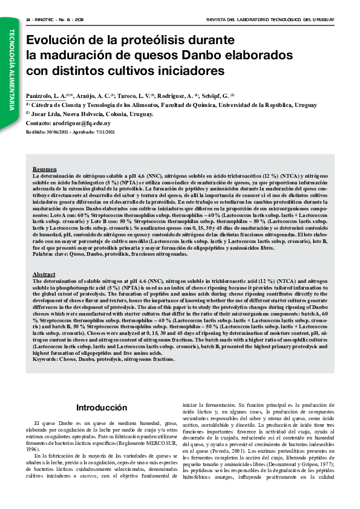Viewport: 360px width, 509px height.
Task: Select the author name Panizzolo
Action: pyautogui.click(x=41, y=96)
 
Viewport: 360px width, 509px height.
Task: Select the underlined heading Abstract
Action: pyautogui.click(x=44, y=274)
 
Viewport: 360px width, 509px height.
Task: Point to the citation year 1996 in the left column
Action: pyautogui.click(x=39, y=433)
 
